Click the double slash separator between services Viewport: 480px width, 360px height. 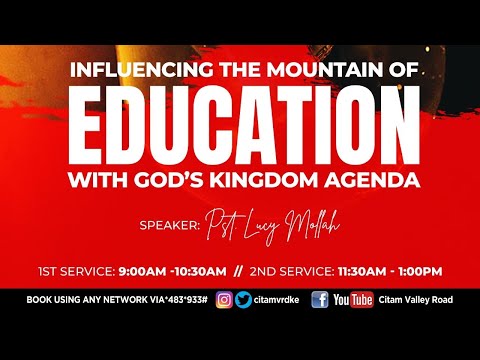coord(265,270)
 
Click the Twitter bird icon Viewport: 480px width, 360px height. coord(243,299)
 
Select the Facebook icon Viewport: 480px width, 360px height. coord(320,299)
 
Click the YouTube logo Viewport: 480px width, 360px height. coord(353,299)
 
